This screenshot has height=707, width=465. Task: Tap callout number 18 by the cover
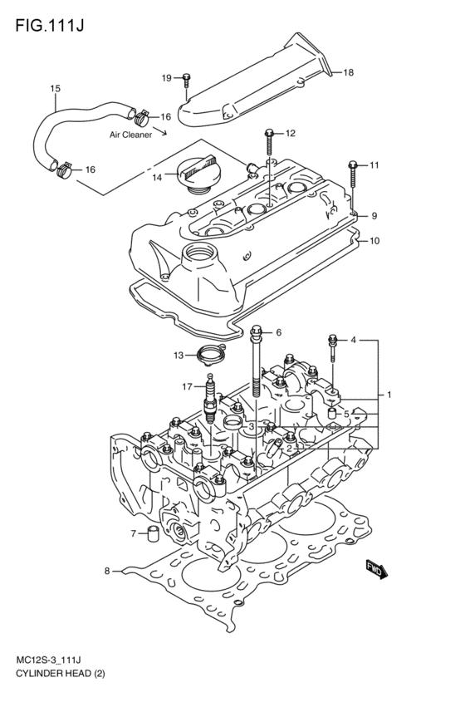pyautogui.click(x=348, y=73)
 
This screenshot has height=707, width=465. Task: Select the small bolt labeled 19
pyautogui.click(x=187, y=79)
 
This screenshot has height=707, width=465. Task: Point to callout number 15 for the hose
pyautogui.click(x=56, y=89)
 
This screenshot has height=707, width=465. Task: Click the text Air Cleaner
pyautogui.click(x=130, y=134)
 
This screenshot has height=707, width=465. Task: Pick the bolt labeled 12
pyautogui.click(x=270, y=134)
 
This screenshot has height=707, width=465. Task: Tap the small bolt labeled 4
pyautogui.click(x=333, y=342)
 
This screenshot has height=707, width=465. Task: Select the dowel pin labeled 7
pyautogui.click(x=152, y=533)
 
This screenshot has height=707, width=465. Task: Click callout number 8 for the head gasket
pyautogui.click(x=107, y=570)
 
